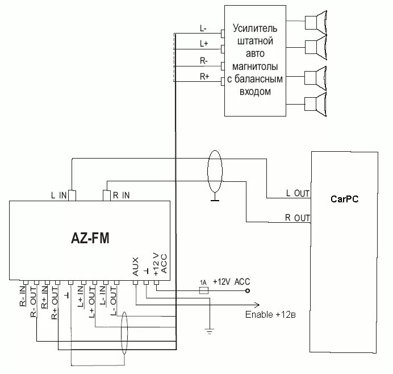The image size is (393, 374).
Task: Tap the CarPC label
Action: point(344,199)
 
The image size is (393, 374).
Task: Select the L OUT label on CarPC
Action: point(298,194)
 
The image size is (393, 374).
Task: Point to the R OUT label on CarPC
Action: point(298,218)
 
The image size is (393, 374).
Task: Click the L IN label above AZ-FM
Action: point(59,196)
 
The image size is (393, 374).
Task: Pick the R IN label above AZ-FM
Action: point(121,196)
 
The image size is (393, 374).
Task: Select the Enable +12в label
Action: point(270,314)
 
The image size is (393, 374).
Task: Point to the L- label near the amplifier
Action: point(203,28)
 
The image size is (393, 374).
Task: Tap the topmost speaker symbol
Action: point(316,22)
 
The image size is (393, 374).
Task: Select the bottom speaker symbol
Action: point(316,106)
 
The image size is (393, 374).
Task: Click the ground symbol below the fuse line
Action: point(210,330)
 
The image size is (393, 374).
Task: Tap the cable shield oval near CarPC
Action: point(214,172)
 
